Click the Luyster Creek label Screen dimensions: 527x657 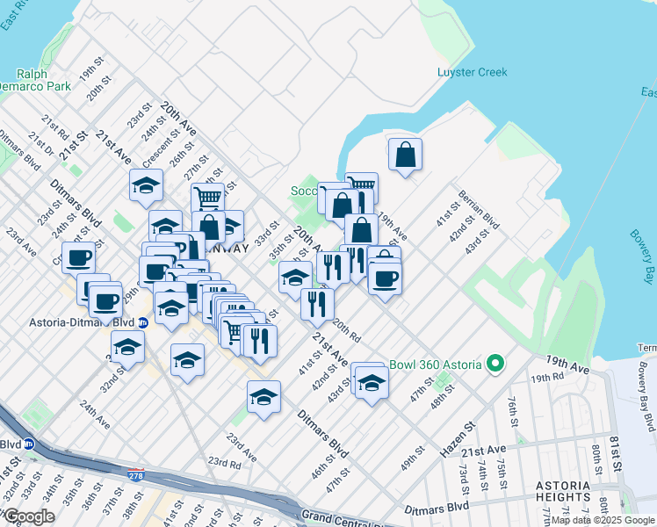coord(473,71)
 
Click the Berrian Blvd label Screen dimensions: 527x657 coord(478,209)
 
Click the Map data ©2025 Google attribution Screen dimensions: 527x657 coord(603,520)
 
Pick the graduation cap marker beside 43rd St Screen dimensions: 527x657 coord(372,382)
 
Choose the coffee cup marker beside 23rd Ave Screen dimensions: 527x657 coord(78,257)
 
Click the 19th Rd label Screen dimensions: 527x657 coord(545,377)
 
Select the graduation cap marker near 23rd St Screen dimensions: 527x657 coord(146,184)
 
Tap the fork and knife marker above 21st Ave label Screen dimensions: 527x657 coord(316,304)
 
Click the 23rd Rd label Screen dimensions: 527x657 coord(224,462)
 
